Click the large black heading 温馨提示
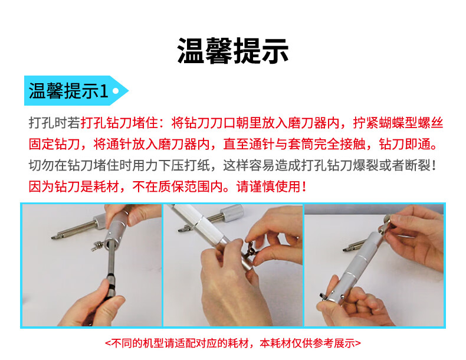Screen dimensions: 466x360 [232, 51]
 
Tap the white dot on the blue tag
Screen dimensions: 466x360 [116, 91]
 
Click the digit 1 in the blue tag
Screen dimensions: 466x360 [104, 91]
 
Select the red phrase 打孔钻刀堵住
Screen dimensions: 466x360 [119, 123]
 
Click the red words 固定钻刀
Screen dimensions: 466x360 [54, 144]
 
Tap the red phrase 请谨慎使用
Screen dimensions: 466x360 [268, 186]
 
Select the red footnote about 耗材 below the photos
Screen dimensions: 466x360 [233, 343]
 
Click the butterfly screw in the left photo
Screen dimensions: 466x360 [97, 246]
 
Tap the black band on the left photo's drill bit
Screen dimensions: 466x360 [111, 287]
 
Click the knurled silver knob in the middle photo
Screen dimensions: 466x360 [232, 213]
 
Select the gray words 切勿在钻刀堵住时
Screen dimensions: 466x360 [80, 165]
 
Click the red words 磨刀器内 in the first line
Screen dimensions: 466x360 [314, 123]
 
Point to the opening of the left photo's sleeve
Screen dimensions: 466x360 [110, 244]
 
